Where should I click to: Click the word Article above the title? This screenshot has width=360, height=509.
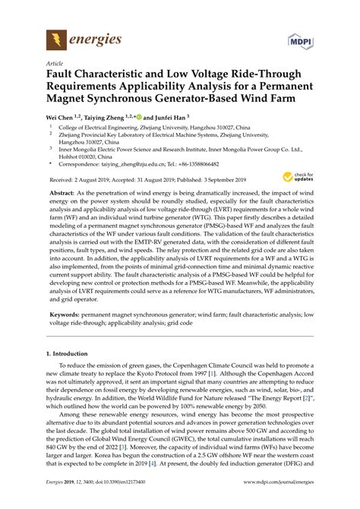(55, 65)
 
